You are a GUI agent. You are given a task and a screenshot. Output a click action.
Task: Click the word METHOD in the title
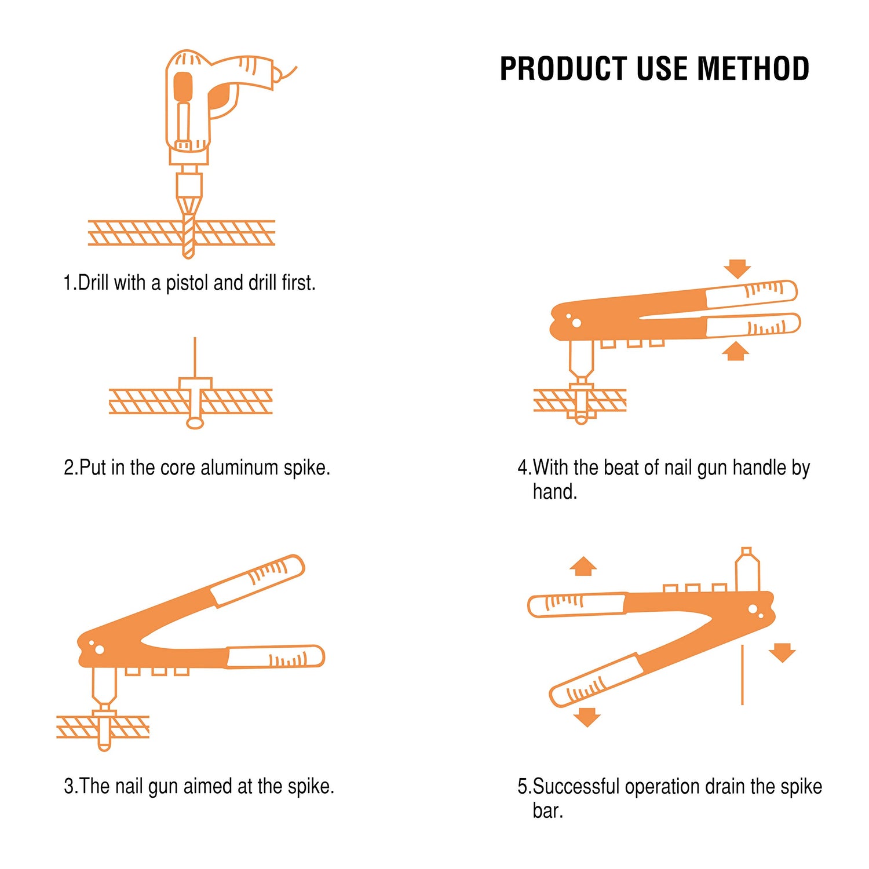[753, 69]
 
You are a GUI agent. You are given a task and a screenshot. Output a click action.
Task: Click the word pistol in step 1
[187, 283]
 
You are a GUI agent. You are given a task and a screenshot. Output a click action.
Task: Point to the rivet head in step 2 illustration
[195, 384]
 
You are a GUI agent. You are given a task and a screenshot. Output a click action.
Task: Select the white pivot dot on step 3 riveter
[99, 649]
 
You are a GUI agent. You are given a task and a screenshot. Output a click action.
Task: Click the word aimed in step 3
[208, 786]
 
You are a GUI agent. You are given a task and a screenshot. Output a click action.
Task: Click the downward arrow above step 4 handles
[737, 269]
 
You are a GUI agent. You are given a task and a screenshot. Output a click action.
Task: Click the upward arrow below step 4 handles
[736, 351]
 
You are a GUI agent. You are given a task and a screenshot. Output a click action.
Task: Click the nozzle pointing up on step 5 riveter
[747, 571]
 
